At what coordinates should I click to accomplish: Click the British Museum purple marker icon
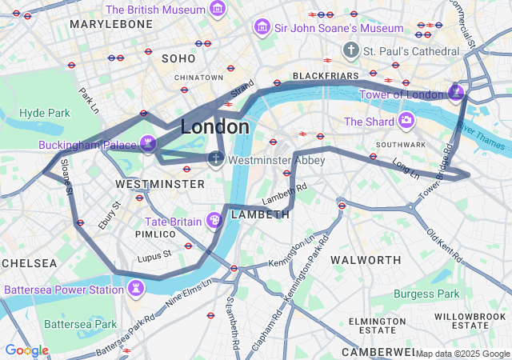tap(217, 10)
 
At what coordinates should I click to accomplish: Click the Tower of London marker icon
tap(456, 94)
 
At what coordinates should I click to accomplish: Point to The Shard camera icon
tap(406, 122)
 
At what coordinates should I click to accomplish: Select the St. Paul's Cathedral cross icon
tap(350, 51)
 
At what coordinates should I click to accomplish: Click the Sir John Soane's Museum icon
tap(261, 28)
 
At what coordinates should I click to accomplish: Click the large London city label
tap(214, 126)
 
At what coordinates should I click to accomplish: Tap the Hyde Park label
tap(45, 113)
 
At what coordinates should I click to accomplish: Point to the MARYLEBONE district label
tap(110, 25)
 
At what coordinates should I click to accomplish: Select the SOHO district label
tap(178, 58)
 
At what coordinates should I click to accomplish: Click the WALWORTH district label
tap(366, 260)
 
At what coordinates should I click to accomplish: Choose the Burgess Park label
tap(426, 294)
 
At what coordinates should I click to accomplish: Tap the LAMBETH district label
tap(260, 214)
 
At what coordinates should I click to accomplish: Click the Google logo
tap(26, 350)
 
